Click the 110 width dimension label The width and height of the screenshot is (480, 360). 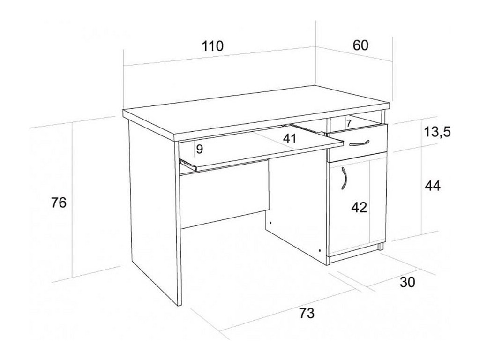point(213,46)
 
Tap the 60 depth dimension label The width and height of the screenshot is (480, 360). point(360,45)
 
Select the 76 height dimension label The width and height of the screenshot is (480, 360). point(59,202)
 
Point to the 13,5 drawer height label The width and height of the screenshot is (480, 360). point(437,133)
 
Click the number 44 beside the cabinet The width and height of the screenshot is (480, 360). point(432,186)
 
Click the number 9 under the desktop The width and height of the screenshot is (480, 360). point(200,150)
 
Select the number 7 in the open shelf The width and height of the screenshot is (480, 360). point(348,123)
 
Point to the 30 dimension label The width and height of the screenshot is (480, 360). point(408,282)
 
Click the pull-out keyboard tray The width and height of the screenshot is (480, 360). point(258,150)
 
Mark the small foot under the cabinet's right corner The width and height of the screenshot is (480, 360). point(381,246)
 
